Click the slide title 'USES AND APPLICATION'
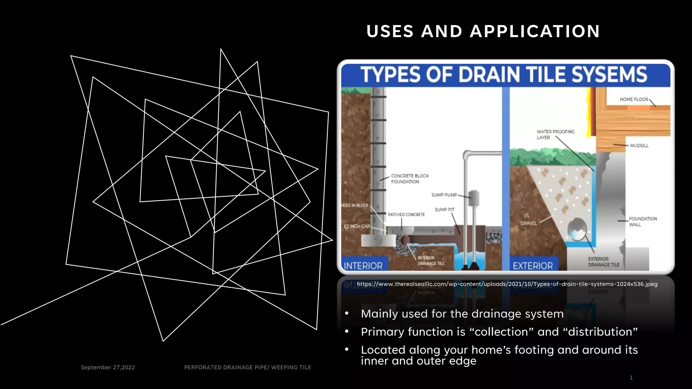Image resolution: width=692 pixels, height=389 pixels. [483, 31]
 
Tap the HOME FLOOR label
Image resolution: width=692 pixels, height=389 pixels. [634, 99]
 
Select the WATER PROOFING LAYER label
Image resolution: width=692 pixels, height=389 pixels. [555, 134]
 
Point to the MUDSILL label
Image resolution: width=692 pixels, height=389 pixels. [639, 146]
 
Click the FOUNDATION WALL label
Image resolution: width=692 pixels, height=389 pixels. [643, 222]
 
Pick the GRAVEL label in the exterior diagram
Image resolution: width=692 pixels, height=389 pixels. [528, 223]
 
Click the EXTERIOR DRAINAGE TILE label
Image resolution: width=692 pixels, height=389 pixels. [603, 262]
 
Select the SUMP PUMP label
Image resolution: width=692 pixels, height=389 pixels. [444, 195]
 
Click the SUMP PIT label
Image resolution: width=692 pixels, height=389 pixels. [444, 210]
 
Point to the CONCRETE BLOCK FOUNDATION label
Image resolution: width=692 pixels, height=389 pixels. [410, 179]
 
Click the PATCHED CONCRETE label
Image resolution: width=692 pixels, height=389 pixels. [406, 214]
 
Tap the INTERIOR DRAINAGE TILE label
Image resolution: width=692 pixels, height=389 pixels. [431, 260]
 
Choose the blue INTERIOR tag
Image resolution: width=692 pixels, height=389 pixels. [363, 266]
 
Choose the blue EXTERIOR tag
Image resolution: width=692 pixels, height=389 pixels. [533, 266]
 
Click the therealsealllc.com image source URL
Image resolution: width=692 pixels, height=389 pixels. [507, 284]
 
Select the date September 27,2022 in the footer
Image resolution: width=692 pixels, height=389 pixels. [108, 367]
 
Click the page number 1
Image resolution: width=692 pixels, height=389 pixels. [631, 378]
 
